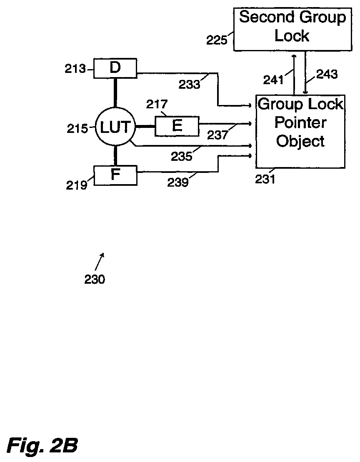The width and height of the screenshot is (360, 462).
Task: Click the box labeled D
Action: (115, 68)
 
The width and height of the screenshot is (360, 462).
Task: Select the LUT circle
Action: (114, 127)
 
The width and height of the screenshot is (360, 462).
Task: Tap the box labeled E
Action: (177, 126)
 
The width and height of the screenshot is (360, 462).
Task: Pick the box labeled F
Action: (115, 175)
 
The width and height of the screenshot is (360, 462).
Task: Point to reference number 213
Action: (75, 69)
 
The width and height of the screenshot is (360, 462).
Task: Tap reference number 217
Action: (156, 104)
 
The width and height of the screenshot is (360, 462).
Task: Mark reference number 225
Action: (217, 40)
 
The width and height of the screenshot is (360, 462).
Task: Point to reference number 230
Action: (95, 280)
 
